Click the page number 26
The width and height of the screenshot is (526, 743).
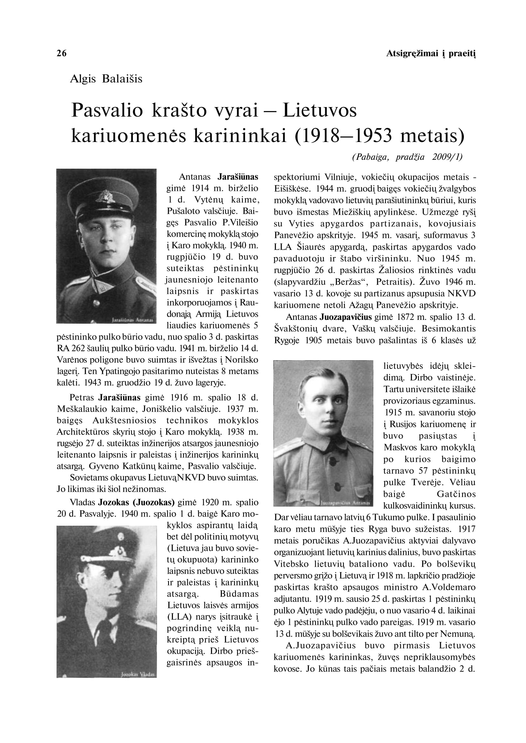[x=62, y=53]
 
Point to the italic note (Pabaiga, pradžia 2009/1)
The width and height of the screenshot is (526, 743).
[x=407, y=157]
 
